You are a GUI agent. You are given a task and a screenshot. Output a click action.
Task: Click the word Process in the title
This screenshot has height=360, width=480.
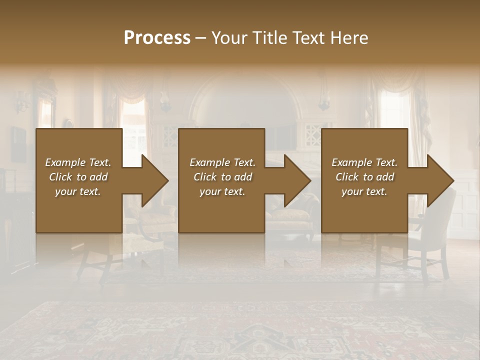157,38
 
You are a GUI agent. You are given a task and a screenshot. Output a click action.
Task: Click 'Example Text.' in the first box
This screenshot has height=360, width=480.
78,162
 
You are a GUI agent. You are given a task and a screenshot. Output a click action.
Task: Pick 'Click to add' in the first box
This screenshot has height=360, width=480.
78,177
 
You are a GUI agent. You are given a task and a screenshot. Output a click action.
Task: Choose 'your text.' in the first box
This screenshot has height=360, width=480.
78,191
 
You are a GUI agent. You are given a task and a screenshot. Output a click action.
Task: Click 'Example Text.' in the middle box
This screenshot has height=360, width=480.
222,162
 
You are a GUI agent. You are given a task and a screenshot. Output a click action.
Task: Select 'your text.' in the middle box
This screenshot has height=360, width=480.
222,191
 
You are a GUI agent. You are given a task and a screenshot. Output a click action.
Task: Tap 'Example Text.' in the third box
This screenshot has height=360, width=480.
364,162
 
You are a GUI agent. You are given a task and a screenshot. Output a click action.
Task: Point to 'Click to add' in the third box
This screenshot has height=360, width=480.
364,177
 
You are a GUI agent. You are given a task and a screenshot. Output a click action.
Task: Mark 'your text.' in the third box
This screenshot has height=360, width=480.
364,191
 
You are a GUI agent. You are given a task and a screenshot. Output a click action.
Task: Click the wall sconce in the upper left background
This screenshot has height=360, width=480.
21,102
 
